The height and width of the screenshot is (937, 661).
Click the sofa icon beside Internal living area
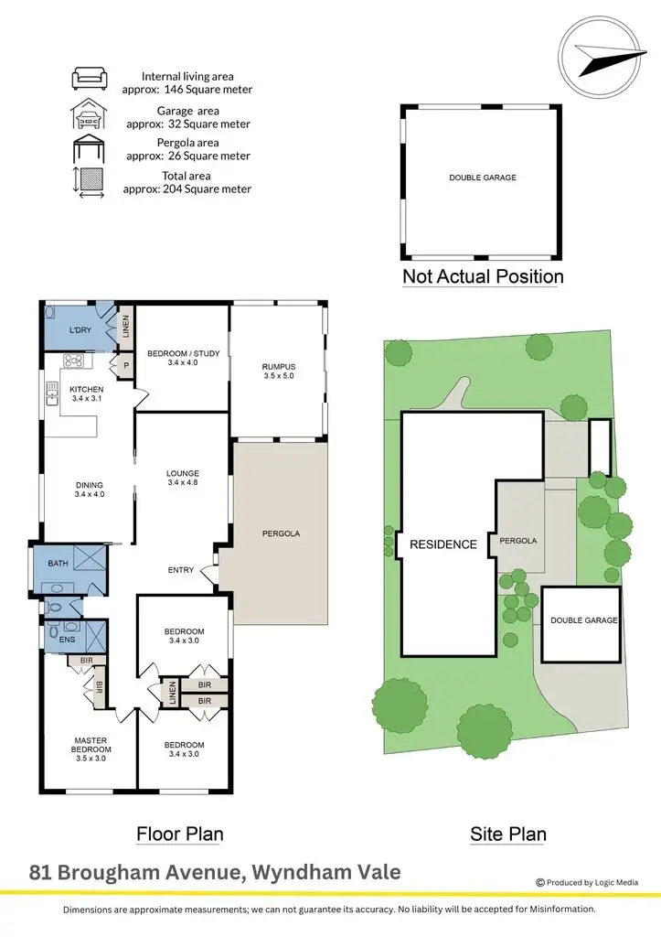[90, 79]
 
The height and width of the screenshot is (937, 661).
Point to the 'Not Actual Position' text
[483, 275]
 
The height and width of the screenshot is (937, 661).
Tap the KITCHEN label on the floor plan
[88, 389]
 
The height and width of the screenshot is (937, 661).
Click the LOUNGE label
[183, 473]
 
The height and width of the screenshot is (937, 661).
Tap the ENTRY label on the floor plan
[180, 570]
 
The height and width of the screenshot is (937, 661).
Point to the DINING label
[90, 485]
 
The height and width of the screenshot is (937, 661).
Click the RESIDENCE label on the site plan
[442, 544]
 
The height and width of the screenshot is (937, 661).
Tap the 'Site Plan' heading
[508, 834]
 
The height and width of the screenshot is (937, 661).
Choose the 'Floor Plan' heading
[179, 834]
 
